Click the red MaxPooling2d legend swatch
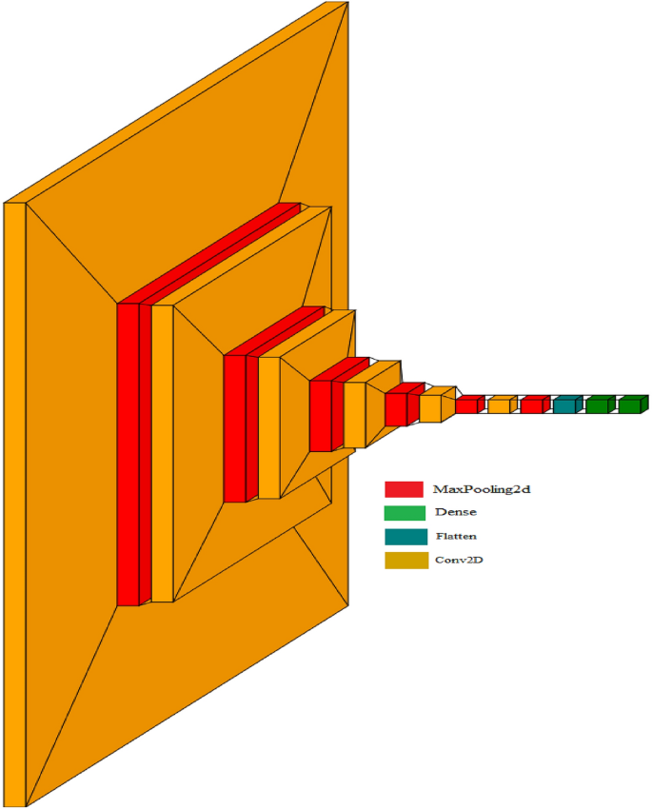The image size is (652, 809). (x=404, y=489)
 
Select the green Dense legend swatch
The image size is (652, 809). (x=404, y=513)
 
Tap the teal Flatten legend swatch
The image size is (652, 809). (x=404, y=537)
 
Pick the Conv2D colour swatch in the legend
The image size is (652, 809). (x=404, y=561)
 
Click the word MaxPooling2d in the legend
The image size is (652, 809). (x=481, y=489)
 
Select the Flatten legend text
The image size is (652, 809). (x=457, y=537)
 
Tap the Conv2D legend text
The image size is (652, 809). (x=459, y=561)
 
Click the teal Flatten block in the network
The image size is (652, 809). (x=564, y=405)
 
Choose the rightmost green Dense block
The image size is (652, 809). (x=629, y=405)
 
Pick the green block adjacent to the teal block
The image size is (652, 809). (x=597, y=405)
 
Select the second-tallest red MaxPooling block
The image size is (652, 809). (x=234, y=428)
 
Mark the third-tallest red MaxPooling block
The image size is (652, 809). (x=320, y=415)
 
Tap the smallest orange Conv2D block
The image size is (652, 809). (x=499, y=406)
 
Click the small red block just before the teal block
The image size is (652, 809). (x=531, y=405)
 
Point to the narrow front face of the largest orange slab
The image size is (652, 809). (x=13, y=504)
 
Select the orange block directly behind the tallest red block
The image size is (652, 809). (x=162, y=453)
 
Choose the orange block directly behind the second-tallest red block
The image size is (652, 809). (x=269, y=427)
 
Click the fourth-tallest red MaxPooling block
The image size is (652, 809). (x=396, y=409)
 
